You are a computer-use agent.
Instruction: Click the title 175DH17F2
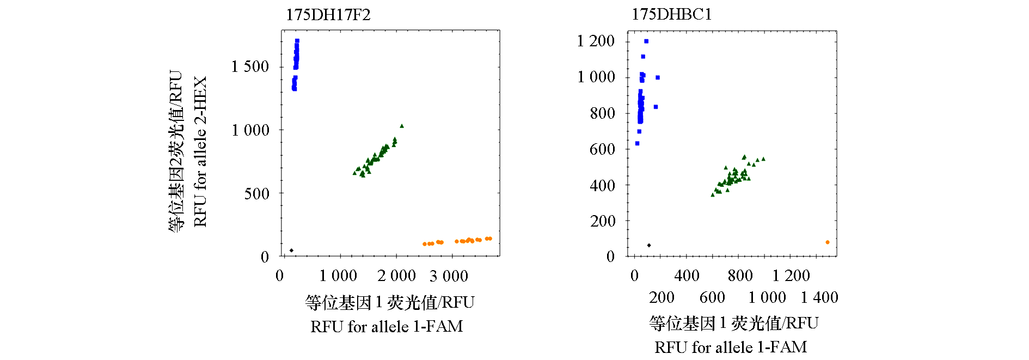(328, 15)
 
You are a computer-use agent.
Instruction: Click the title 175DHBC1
(671, 14)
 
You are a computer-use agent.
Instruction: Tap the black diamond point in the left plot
(291, 251)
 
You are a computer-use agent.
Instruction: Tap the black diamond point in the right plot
(649, 246)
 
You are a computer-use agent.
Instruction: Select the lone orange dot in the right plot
(828, 242)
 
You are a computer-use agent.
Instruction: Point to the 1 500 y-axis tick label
(250, 66)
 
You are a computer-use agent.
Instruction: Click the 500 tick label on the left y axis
(256, 193)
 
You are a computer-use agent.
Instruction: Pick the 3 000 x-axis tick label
(449, 276)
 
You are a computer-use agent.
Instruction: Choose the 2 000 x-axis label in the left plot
(397, 276)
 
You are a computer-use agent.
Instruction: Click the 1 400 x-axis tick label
(819, 297)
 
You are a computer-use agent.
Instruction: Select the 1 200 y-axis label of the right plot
(596, 41)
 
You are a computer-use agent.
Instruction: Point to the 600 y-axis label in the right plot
(602, 149)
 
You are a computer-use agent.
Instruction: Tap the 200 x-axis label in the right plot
(661, 297)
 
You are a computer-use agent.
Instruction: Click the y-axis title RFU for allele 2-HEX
(200, 151)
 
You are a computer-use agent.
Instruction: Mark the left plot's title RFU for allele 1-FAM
(387, 326)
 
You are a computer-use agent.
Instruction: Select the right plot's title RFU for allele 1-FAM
(731, 347)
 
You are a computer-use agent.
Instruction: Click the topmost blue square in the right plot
(646, 41)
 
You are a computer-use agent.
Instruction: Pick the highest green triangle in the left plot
(402, 126)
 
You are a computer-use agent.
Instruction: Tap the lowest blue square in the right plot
(637, 144)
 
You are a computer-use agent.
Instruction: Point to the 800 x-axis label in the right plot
(740, 276)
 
